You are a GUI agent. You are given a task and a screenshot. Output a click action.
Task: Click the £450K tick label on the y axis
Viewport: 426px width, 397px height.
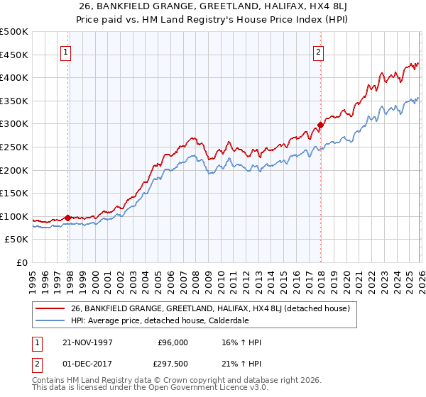[13, 55]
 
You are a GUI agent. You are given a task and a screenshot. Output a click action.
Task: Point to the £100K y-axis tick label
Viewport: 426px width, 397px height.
[13, 217]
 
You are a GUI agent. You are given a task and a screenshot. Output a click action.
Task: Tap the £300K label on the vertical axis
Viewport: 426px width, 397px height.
[13, 124]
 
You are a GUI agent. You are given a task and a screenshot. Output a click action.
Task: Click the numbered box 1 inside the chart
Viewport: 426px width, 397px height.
[66, 51]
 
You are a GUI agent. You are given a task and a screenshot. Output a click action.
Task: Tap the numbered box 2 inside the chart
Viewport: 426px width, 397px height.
[319, 51]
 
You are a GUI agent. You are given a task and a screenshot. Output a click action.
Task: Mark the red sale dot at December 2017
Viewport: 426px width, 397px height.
[320, 125]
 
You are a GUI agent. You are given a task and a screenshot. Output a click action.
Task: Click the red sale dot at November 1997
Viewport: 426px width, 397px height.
[68, 218]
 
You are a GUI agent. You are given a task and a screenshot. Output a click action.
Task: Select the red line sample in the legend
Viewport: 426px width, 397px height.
[50, 308]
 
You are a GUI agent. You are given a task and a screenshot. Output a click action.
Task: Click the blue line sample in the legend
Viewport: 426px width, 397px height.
[50, 320]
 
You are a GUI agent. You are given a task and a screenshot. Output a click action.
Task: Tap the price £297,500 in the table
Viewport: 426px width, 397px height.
[173, 362]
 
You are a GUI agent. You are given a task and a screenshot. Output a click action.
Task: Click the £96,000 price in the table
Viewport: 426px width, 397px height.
[173, 342]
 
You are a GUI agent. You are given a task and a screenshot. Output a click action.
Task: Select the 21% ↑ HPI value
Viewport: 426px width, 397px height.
[241, 362]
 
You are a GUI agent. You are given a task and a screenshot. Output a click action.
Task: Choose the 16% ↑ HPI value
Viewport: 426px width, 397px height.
[241, 342]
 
